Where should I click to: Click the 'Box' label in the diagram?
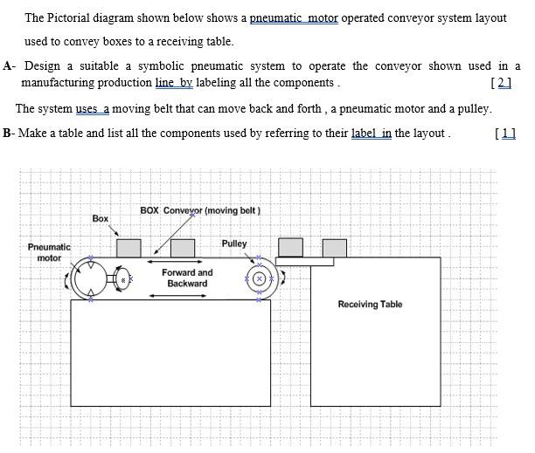(101, 218)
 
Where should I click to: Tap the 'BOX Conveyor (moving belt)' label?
(200, 210)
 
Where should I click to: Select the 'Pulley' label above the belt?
(234, 244)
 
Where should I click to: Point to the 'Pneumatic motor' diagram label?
(49, 252)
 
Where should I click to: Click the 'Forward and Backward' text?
(187, 278)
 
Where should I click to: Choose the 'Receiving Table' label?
(370, 305)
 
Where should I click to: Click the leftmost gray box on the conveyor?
(129, 248)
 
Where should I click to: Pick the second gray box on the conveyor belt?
(183, 248)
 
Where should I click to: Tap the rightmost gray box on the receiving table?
(334, 248)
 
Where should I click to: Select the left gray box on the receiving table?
(290, 248)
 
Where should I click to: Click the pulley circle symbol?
(259, 278)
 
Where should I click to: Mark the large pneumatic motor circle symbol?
(90, 279)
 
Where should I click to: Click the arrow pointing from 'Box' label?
(114, 230)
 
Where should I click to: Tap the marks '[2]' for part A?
(502, 82)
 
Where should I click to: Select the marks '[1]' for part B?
(505, 133)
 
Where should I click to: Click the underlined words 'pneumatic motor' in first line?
(294, 17)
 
